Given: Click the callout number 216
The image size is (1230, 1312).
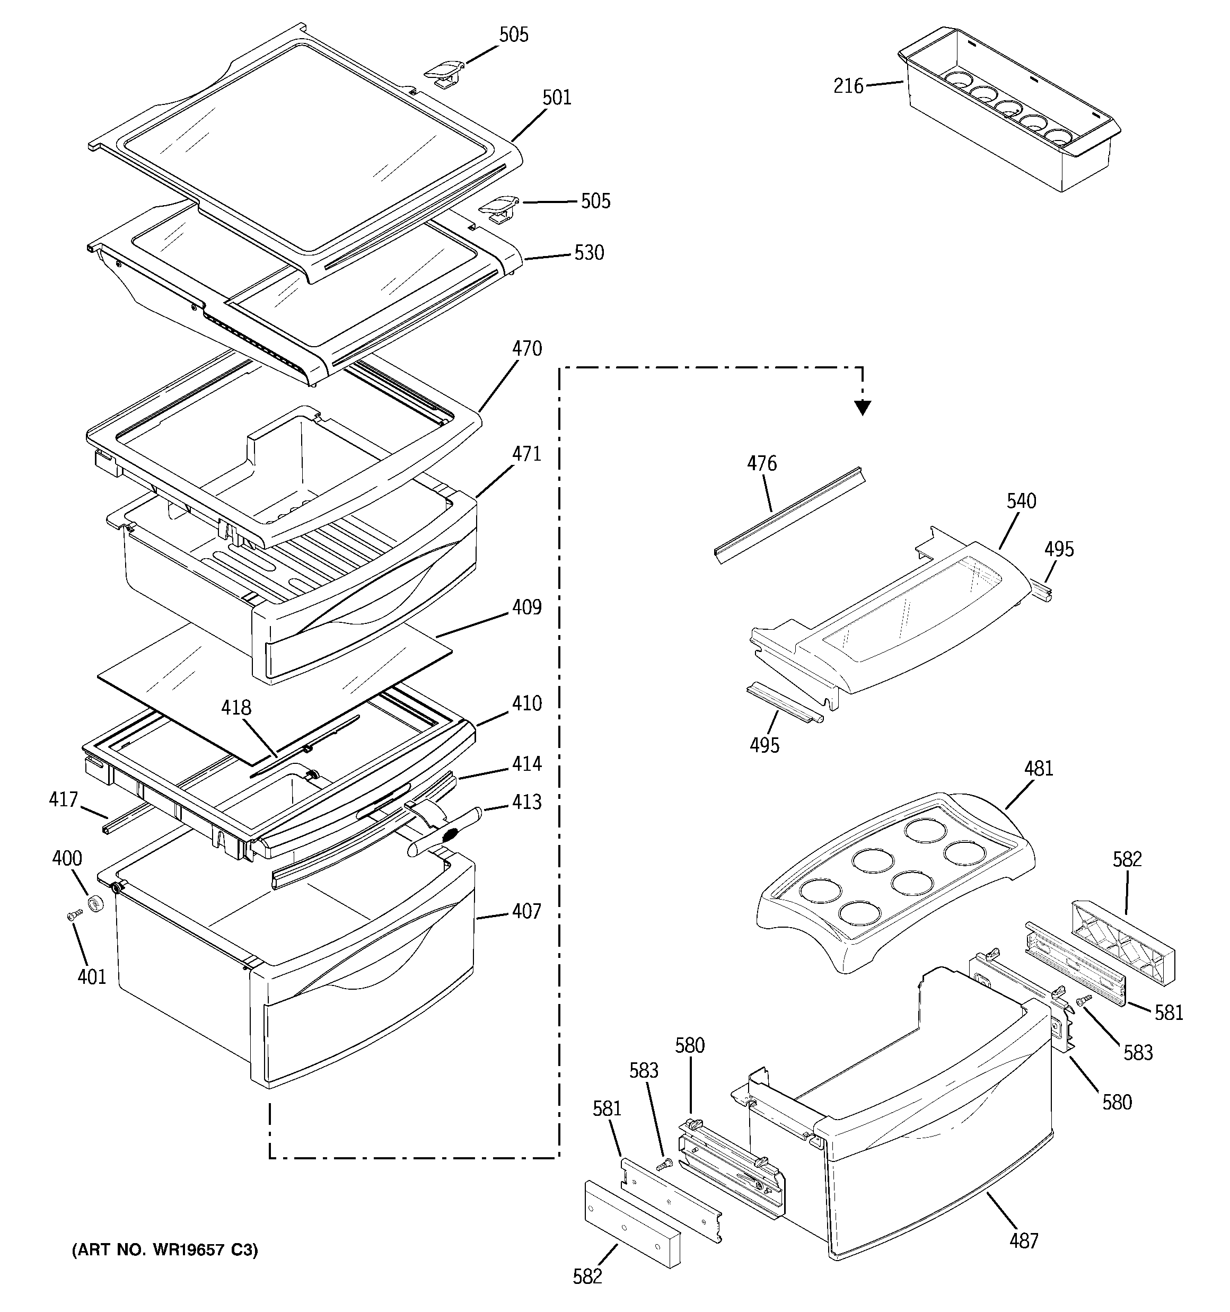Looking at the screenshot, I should click(848, 86).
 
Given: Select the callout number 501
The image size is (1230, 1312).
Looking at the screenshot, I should click(557, 98).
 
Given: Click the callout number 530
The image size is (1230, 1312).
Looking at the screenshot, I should click(588, 253).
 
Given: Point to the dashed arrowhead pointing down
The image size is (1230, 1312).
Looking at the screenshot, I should click(862, 409).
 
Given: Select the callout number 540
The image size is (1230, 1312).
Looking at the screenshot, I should click(1021, 501).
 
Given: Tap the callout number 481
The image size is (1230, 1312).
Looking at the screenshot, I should click(1038, 769).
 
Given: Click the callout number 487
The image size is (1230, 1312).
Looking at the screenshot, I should click(1023, 1241).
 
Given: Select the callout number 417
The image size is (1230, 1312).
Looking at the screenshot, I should click(64, 800).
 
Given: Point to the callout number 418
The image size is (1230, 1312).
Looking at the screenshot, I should click(236, 708).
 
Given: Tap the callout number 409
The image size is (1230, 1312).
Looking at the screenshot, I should click(526, 607).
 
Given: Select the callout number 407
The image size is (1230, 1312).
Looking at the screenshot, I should click(526, 911).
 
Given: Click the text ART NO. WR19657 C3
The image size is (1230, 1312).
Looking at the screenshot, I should click(164, 1249).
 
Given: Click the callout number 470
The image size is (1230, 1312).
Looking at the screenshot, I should click(526, 348).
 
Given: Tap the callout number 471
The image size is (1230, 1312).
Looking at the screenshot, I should click(526, 454).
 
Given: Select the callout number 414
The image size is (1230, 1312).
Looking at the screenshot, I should click(526, 763).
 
